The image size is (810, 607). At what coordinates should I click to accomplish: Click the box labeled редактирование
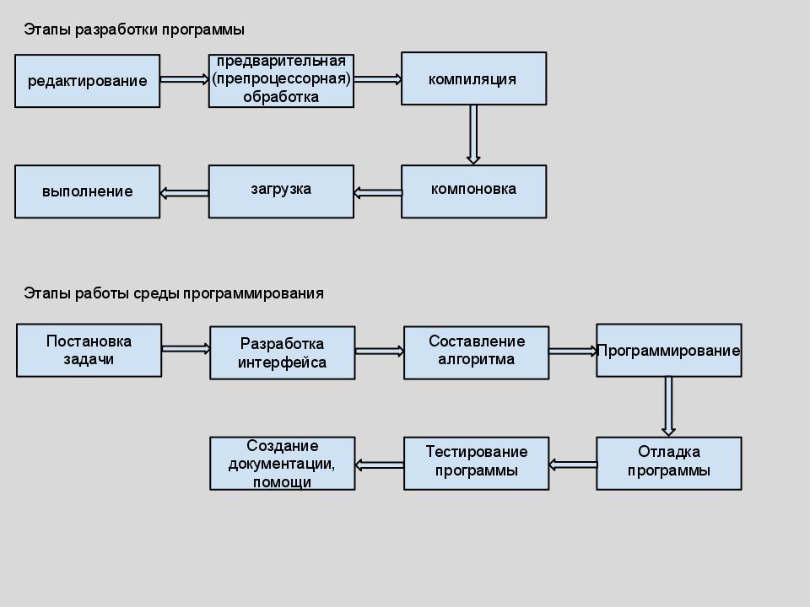tap(87, 81)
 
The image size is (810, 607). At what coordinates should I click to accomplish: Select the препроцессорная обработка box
tap(281, 81)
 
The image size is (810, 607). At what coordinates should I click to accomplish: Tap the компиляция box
tap(473, 78)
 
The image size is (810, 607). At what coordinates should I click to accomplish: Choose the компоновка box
tap(473, 191)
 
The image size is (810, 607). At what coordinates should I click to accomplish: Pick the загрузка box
tap(281, 191)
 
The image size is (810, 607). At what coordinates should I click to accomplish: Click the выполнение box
tap(87, 191)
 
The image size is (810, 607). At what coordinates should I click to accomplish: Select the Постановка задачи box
tap(89, 350)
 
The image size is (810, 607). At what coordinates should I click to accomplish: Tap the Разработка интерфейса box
tap(282, 353)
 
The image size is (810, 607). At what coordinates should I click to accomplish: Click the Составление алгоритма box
tap(476, 352)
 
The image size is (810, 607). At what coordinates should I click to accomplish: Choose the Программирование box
tap(668, 350)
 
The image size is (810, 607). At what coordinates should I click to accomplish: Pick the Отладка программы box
tap(668, 463)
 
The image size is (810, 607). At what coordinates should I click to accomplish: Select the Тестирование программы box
tap(476, 463)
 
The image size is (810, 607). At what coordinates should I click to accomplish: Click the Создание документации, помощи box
tap(282, 463)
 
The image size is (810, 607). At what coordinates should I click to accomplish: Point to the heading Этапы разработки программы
tap(134, 30)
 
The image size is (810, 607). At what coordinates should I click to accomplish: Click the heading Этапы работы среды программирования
tap(174, 293)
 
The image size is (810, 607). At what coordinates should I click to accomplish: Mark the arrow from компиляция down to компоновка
tap(473, 134)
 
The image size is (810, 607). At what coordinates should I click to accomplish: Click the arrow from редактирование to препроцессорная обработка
tap(184, 79)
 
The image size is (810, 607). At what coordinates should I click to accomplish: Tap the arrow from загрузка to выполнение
tap(184, 193)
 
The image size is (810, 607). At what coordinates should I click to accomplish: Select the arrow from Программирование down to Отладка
tap(668, 406)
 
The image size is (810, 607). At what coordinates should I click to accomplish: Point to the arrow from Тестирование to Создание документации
tap(379, 465)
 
